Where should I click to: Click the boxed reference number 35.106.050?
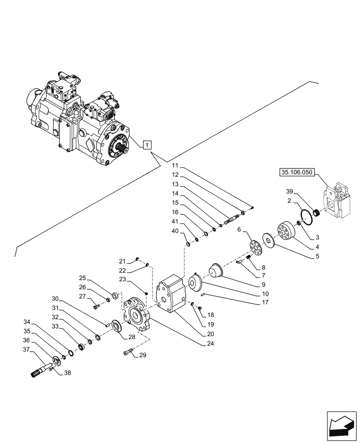click(x=297, y=172)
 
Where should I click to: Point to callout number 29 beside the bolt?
click(x=142, y=355)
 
